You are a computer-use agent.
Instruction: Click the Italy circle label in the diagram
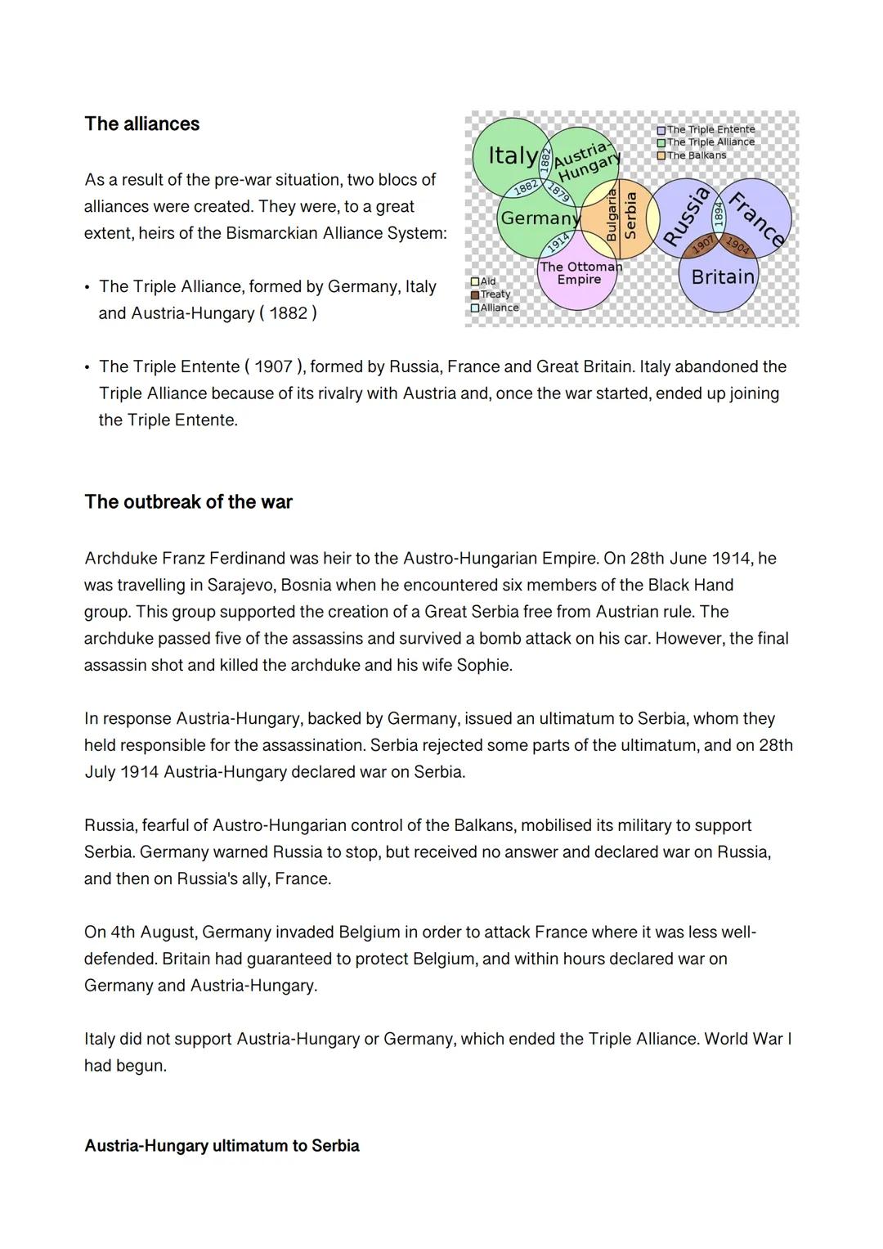[513, 155]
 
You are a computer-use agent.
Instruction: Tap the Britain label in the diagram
[723, 277]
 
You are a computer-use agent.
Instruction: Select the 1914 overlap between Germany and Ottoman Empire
[558, 243]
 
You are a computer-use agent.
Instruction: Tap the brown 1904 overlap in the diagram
[737, 245]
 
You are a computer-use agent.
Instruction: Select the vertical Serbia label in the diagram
[630, 215]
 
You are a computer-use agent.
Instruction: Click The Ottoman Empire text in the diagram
[580, 273]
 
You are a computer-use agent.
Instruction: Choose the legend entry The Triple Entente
[706, 129]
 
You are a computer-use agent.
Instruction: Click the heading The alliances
[142, 124]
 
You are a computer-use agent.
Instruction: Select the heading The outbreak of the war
[188, 502]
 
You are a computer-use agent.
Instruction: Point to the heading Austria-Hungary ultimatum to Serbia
[222, 1146]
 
